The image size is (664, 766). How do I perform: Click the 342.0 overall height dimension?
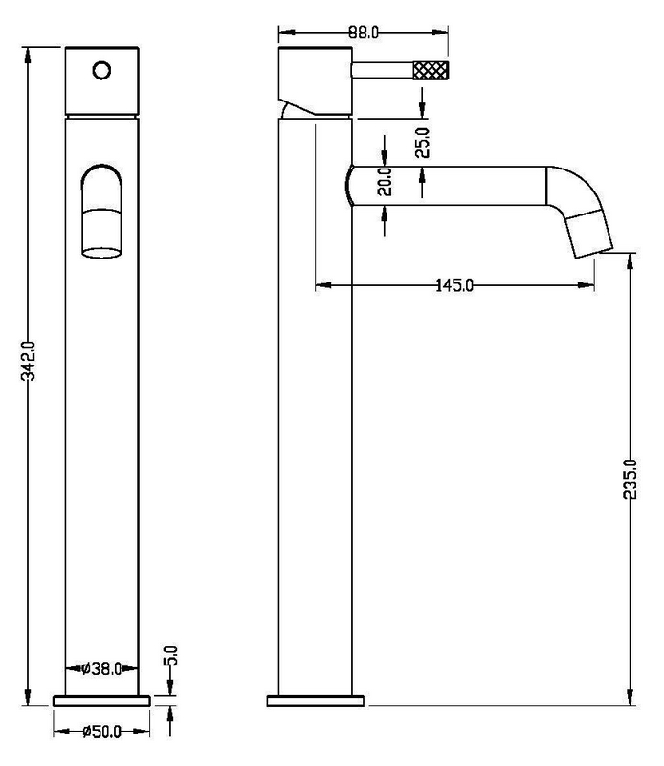coord(30,361)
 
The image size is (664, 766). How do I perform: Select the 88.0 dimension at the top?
coord(364,33)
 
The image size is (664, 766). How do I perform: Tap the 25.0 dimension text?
coord(423,143)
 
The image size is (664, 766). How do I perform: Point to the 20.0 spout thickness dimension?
coord(386,181)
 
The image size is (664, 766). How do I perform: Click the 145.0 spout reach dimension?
coord(454,284)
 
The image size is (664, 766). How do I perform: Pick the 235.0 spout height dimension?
coord(631,480)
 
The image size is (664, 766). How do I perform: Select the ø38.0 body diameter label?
coord(101,668)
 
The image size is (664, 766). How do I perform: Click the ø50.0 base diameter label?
coord(101,732)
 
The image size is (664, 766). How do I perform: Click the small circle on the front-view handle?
coord(101,70)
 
